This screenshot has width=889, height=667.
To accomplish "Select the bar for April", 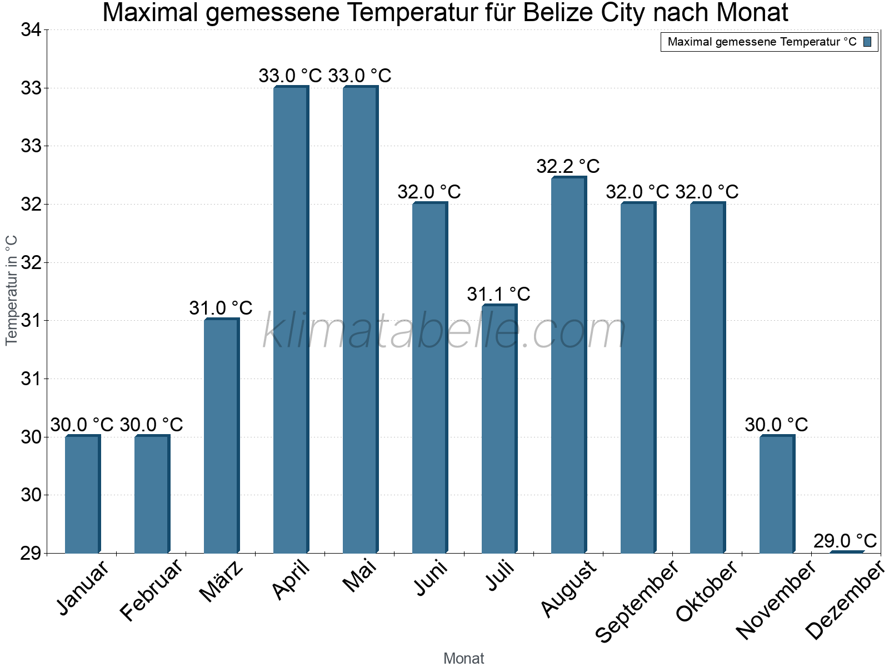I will coord(291,320).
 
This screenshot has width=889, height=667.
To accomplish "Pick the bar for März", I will coord(221,436).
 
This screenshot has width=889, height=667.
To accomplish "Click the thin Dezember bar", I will coord(846,552).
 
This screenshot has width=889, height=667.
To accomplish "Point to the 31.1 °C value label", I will coord(498,294).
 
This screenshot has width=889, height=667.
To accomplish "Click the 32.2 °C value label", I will coord(568,166).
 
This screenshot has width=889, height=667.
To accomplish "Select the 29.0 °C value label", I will coord(845,541).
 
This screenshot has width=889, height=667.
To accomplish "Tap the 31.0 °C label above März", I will coord(221,308).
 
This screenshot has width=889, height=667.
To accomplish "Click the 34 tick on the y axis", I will coord(31,30).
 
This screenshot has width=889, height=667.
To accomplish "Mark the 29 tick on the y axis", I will coord(31,553).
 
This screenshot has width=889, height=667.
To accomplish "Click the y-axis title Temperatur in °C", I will coord(12,290).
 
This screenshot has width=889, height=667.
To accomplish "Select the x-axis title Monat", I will coord(464,659).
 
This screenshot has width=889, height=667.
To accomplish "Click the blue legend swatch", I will coord(867,42).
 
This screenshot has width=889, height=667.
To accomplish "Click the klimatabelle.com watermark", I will coord(444,332).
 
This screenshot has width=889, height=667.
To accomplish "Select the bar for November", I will coord(777,495).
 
